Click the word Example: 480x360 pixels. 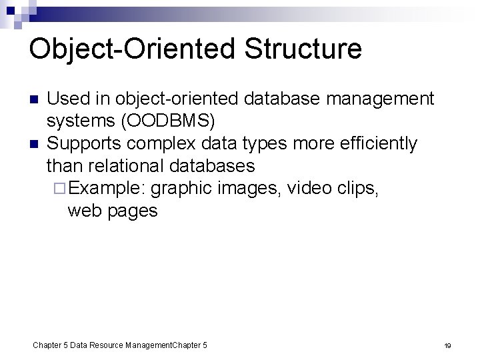(x=107, y=189)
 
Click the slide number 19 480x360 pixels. (x=448, y=345)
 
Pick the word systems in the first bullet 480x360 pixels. (x=79, y=121)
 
